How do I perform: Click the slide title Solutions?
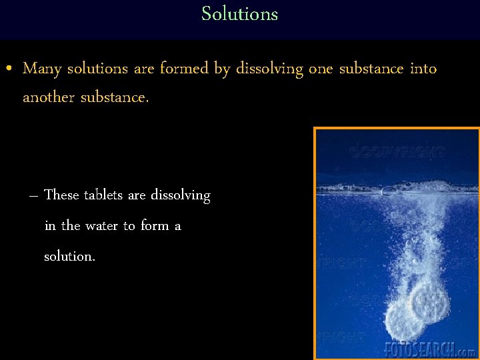pos(239,14)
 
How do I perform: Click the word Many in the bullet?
pos(42,69)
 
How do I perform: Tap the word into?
pos(423,69)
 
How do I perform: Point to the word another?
pos(49,97)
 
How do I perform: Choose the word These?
pos(61,195)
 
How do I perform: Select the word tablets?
pos(103,195)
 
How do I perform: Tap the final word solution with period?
pos(69,256)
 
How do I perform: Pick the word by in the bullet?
pos(222,69)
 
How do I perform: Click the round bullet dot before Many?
pos(7,69)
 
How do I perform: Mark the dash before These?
pos(33,196)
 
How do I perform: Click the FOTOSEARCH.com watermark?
pos(430,349)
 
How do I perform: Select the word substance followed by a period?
pos(115,97)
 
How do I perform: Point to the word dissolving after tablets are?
pos(180,195)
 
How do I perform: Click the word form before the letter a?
pos(155,226)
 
